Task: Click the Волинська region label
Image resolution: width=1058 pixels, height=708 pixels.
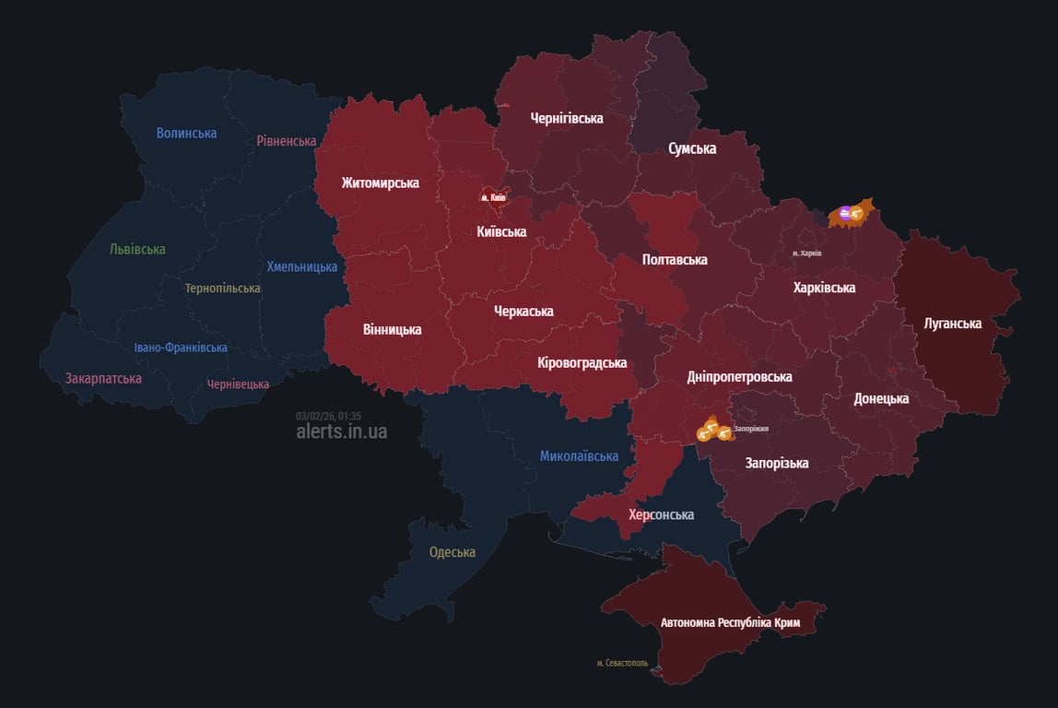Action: [186, 133]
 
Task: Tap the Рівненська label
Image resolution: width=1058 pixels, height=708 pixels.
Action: [287, 141]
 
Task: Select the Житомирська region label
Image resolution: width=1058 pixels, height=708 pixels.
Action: [380, 183]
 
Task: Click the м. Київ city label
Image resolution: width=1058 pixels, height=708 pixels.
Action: [493, 197]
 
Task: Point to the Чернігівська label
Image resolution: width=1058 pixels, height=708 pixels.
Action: [567, 118]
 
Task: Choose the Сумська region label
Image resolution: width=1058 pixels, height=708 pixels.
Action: [692, 148]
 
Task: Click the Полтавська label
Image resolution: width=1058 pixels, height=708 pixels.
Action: [675, 259]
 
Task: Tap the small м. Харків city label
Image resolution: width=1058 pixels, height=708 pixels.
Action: [806, 253]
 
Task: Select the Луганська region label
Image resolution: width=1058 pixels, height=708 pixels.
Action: [953, 324]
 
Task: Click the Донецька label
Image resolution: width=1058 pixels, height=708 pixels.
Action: [881, 398]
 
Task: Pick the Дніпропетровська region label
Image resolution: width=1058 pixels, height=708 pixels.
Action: [739, 377]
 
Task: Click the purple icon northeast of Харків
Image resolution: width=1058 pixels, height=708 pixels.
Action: [844, 214]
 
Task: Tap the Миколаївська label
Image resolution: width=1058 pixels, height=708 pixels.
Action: [579, 455]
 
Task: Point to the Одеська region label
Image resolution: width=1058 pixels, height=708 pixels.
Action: [453, 552]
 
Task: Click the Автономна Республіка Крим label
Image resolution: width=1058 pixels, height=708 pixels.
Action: [731, 623]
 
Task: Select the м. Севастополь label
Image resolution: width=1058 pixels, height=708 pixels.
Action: [622, 663]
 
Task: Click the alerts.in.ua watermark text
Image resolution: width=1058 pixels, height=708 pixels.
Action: [342, 431]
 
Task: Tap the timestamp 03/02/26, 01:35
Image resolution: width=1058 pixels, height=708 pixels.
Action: [328, 416]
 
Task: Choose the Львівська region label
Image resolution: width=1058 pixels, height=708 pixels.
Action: [137, 249]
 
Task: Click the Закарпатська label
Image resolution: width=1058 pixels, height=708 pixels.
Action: [103, 378]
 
